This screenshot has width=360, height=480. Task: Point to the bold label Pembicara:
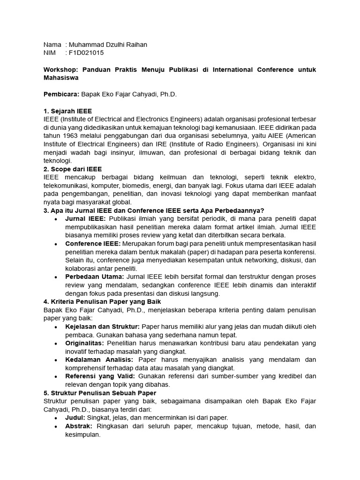pos(61,95)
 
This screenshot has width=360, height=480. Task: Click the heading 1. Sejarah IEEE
pos(67,112)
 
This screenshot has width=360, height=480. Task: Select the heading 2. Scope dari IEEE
pos(73,169)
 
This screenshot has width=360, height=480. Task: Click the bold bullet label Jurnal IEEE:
pos(86,218)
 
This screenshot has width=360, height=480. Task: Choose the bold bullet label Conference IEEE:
pos(93,244)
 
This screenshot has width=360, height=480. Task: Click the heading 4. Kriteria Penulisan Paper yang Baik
pos(102,302)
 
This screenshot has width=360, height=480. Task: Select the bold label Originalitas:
pos(86,343)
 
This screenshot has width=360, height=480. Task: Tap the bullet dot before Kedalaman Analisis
pos(56,360)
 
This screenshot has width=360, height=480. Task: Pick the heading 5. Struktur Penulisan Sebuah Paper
pos(100,393)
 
